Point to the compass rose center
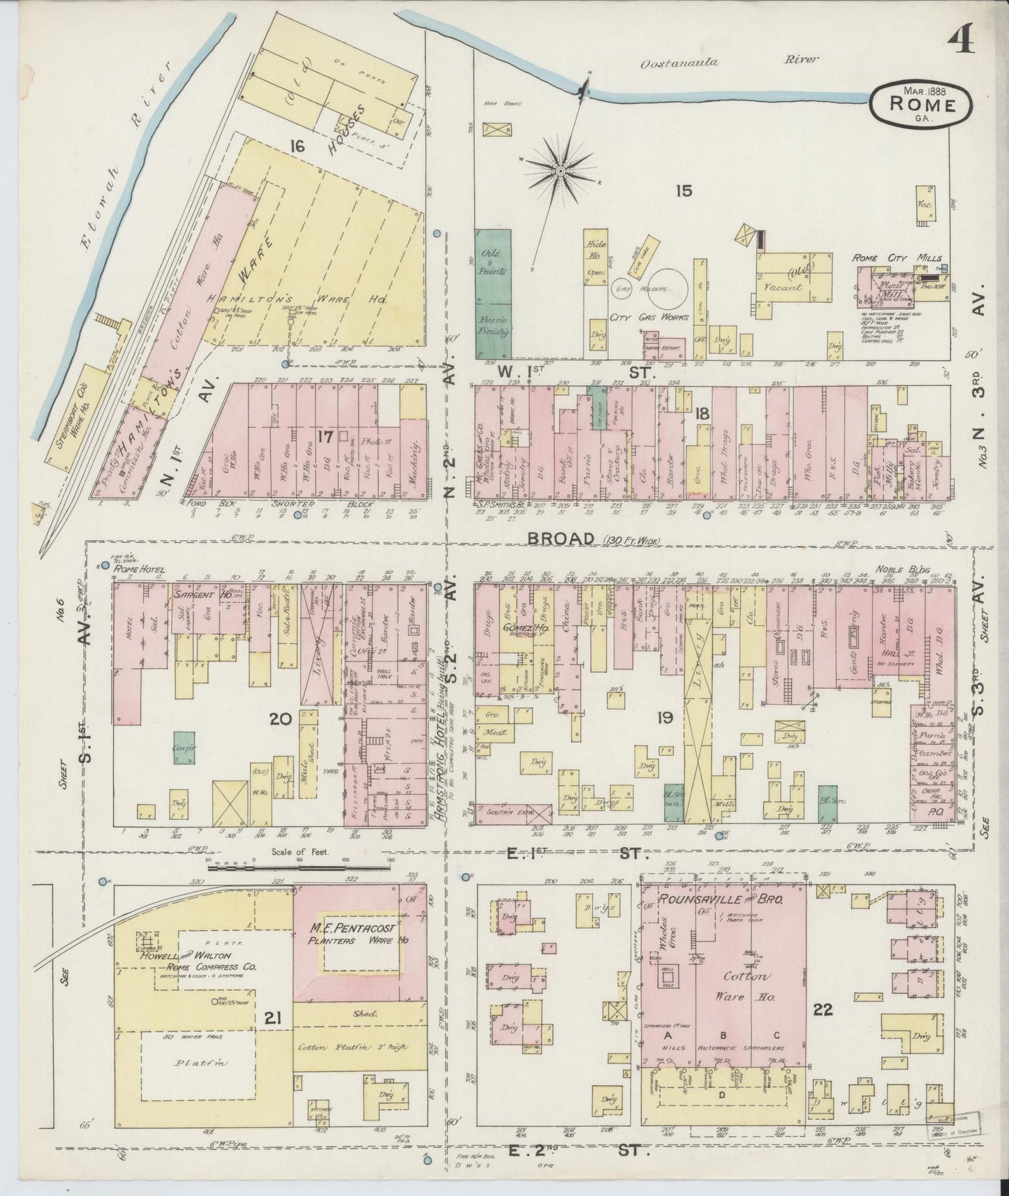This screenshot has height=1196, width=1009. [560, 170]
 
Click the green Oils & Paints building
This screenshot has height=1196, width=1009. [493, 293]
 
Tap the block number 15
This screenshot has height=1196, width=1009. [684, 189]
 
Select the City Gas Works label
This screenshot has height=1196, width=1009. [649, 317]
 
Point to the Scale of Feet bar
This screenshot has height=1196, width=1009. [299, 867]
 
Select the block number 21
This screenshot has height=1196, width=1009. [272, 1020]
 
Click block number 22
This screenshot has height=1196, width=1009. [823, 1009]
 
